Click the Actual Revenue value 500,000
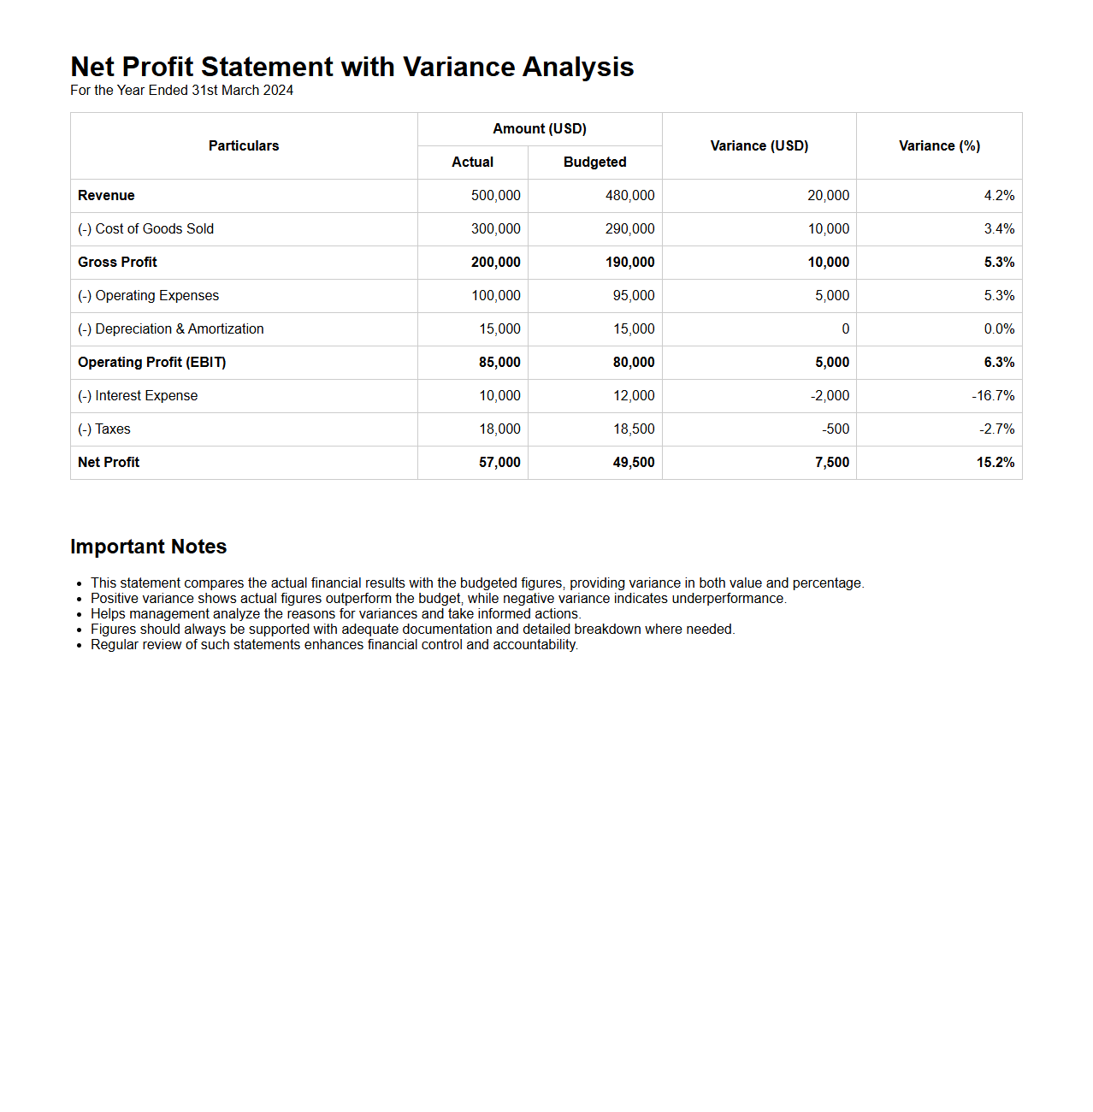click(x=495, y=196)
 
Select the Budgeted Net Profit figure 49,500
click(x=633, y=463)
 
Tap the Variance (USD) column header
click(x=759, y=146)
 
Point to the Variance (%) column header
click(x=939, y=146)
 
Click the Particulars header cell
click(x=244, y=146)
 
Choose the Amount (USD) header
click(x=540, y=129)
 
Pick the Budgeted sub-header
click(x=594, y=163)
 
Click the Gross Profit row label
click(x=118, y=263)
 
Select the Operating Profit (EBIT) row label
click(x=152, y=363)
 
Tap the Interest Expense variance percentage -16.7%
click(x=993, y=396)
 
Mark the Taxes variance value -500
click(x=836, y=429)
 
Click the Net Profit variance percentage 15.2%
click(x=996, y=463)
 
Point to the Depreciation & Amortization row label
click(x=171, y=329)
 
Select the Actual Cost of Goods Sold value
click(x=495, y=229)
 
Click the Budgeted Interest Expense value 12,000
click(x=633, y=396)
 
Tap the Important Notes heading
click(x=149, y=547)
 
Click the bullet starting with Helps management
click(x=335, y=614)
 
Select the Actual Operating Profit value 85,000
click(x=499, y=363)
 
